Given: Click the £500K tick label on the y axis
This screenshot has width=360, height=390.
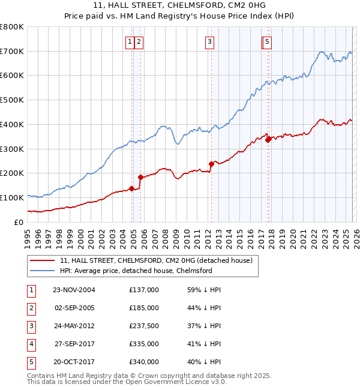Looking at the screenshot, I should [12, 100].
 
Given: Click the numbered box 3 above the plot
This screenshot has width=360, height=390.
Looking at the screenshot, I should [210, 42].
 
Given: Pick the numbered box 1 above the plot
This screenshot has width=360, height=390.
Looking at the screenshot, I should [130, 42].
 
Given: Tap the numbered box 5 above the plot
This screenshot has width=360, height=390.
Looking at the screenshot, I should [267, 42].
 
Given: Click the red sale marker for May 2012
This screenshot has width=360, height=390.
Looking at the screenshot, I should [211, 164].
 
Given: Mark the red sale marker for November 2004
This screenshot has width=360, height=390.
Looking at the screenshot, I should [131, 188].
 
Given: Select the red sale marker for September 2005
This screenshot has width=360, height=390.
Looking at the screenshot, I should [140, 177].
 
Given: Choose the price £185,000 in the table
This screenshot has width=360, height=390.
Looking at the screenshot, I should [144, 308].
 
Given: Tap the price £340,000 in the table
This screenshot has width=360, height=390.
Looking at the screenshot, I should [144, 362].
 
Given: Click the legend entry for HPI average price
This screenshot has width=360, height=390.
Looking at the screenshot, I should [136, 271].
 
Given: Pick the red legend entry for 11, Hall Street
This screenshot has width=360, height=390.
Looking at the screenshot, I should [159, 260].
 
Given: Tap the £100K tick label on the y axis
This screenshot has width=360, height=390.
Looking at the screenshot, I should [12, 197].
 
